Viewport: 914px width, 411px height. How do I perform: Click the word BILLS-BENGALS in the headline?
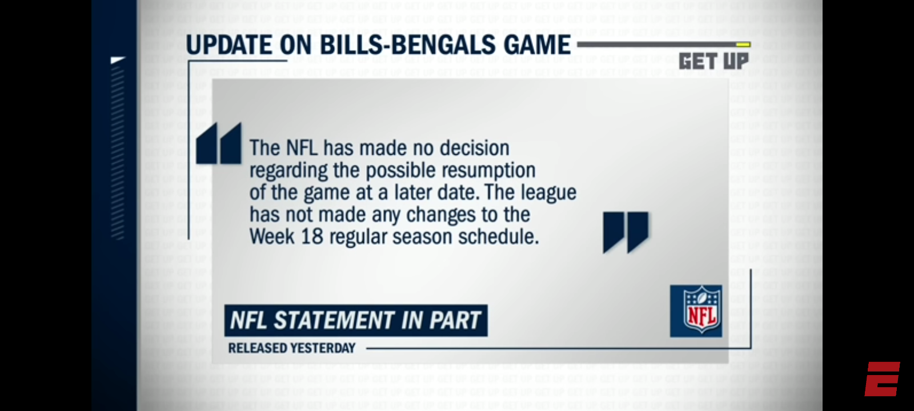(x=406, y=45)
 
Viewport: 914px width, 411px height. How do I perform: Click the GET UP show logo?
(x=713, y=61)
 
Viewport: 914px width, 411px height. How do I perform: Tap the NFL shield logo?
(x=696, y=311)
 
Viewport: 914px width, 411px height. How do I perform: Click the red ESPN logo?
(x=882, y=378)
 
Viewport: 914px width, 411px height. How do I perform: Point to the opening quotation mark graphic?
(x=219, y=144)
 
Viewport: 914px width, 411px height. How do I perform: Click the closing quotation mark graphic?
(x=626, y=232)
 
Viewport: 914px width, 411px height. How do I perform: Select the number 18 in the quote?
(x=312, y=237)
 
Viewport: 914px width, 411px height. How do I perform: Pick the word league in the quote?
(x=548, y=193)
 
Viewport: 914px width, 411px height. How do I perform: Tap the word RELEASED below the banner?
(x=257, y=348)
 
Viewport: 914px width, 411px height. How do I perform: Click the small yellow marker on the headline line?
(x=743, y=44)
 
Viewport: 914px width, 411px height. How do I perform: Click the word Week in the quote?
(x=272, y=237)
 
